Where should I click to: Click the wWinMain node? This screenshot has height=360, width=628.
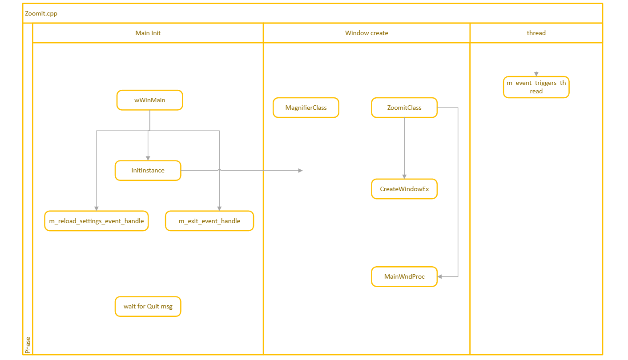150,100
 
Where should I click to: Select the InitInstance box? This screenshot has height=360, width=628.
148,170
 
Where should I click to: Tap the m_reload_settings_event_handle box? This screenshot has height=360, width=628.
97,221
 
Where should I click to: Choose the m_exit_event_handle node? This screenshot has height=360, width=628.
209,221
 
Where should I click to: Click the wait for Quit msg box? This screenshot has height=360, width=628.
148,306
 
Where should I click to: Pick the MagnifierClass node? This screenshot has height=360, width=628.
306,108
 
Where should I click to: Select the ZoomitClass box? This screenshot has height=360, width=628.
404,108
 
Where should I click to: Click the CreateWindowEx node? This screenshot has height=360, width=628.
404,189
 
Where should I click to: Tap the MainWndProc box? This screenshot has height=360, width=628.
404,276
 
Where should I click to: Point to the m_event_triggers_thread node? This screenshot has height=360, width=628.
536,87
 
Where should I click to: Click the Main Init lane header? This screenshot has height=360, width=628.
148,33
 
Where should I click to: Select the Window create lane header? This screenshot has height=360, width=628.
366,33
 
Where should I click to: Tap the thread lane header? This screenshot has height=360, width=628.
536,33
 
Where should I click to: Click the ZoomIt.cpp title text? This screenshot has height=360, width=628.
41,13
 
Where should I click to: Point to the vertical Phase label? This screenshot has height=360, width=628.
28,345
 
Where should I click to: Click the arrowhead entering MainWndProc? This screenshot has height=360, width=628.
440,276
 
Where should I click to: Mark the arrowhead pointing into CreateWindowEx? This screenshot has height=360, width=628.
404,176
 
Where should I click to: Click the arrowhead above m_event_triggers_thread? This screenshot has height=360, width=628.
536,74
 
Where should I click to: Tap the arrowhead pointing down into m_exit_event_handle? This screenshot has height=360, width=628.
219,208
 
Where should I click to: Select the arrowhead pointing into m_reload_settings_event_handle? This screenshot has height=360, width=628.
97,208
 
